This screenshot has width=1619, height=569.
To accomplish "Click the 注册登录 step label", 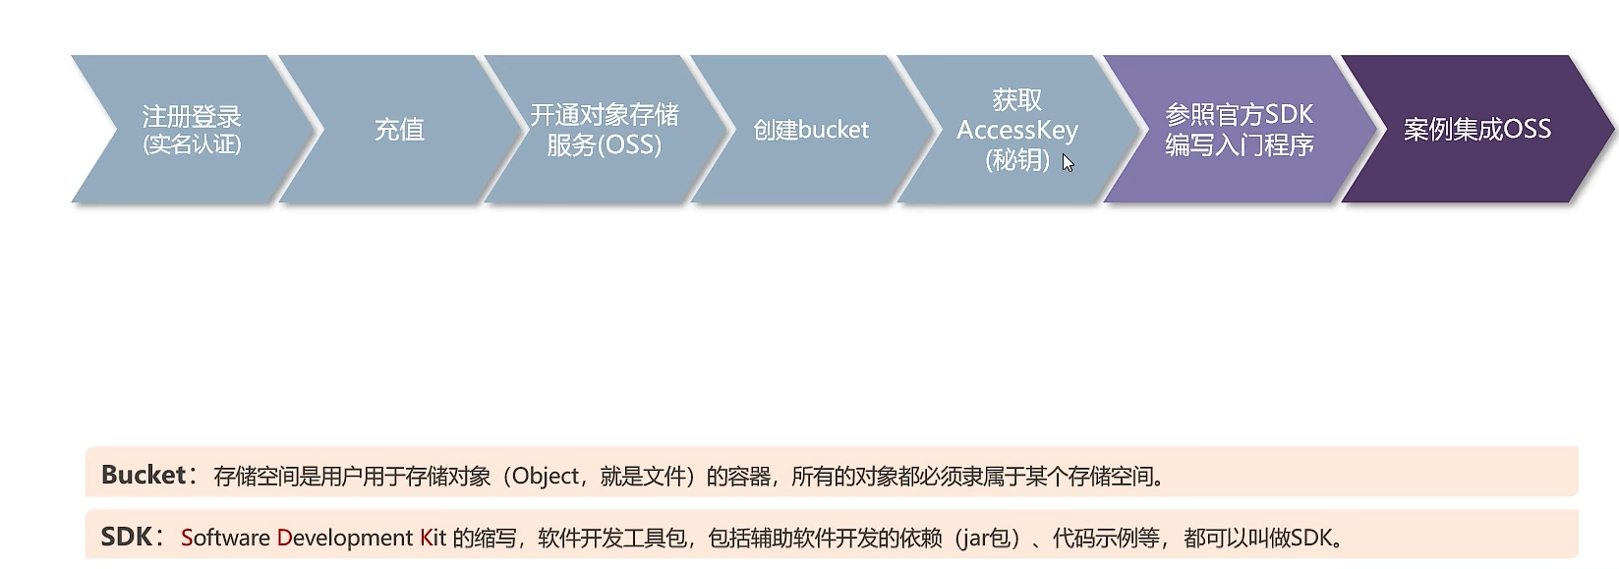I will [x=192, y=116].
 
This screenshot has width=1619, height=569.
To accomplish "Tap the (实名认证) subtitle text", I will [x=192, y=144].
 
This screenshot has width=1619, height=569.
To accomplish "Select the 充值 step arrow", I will [x=399, y=130].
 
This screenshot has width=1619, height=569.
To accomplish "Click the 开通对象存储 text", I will [x=604, y=115].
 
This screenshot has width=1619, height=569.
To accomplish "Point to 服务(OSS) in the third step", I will [x=604, y=145].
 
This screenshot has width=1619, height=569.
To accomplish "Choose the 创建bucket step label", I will [x=811, y=130].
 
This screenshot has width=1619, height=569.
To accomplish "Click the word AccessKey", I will [x=1017, y=130].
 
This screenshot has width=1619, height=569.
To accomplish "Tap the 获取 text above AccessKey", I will [x=1017, y=100].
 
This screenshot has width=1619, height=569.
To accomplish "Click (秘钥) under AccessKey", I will [x=1017, y=159].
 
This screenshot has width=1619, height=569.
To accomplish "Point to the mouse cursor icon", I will [x=1068, y=163].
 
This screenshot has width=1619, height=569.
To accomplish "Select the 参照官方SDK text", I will [x=1239, y=115].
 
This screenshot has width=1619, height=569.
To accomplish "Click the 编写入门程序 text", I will [x=1239, y=145].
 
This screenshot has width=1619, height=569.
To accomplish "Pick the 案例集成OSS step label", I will [x=1476, y=130].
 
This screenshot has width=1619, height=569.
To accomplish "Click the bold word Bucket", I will [x=144, y=476].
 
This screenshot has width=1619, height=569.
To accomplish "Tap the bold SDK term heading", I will [x=127, y=538].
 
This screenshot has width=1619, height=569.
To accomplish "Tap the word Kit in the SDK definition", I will [x=434, y=538].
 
